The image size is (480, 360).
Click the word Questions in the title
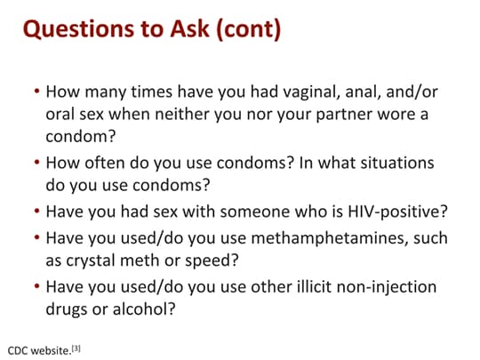coord(79,29)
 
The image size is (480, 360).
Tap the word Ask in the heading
coord(189,28)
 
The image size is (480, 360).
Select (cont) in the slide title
coord(248,29)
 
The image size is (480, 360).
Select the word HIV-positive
coord(397,212)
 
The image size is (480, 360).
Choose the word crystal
coord(91,261)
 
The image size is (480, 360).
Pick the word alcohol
coord(144,309)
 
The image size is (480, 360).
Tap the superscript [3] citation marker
coord(76,348)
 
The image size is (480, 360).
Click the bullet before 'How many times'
coord(37,91)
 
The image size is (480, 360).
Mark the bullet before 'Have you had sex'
coord(37,211)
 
